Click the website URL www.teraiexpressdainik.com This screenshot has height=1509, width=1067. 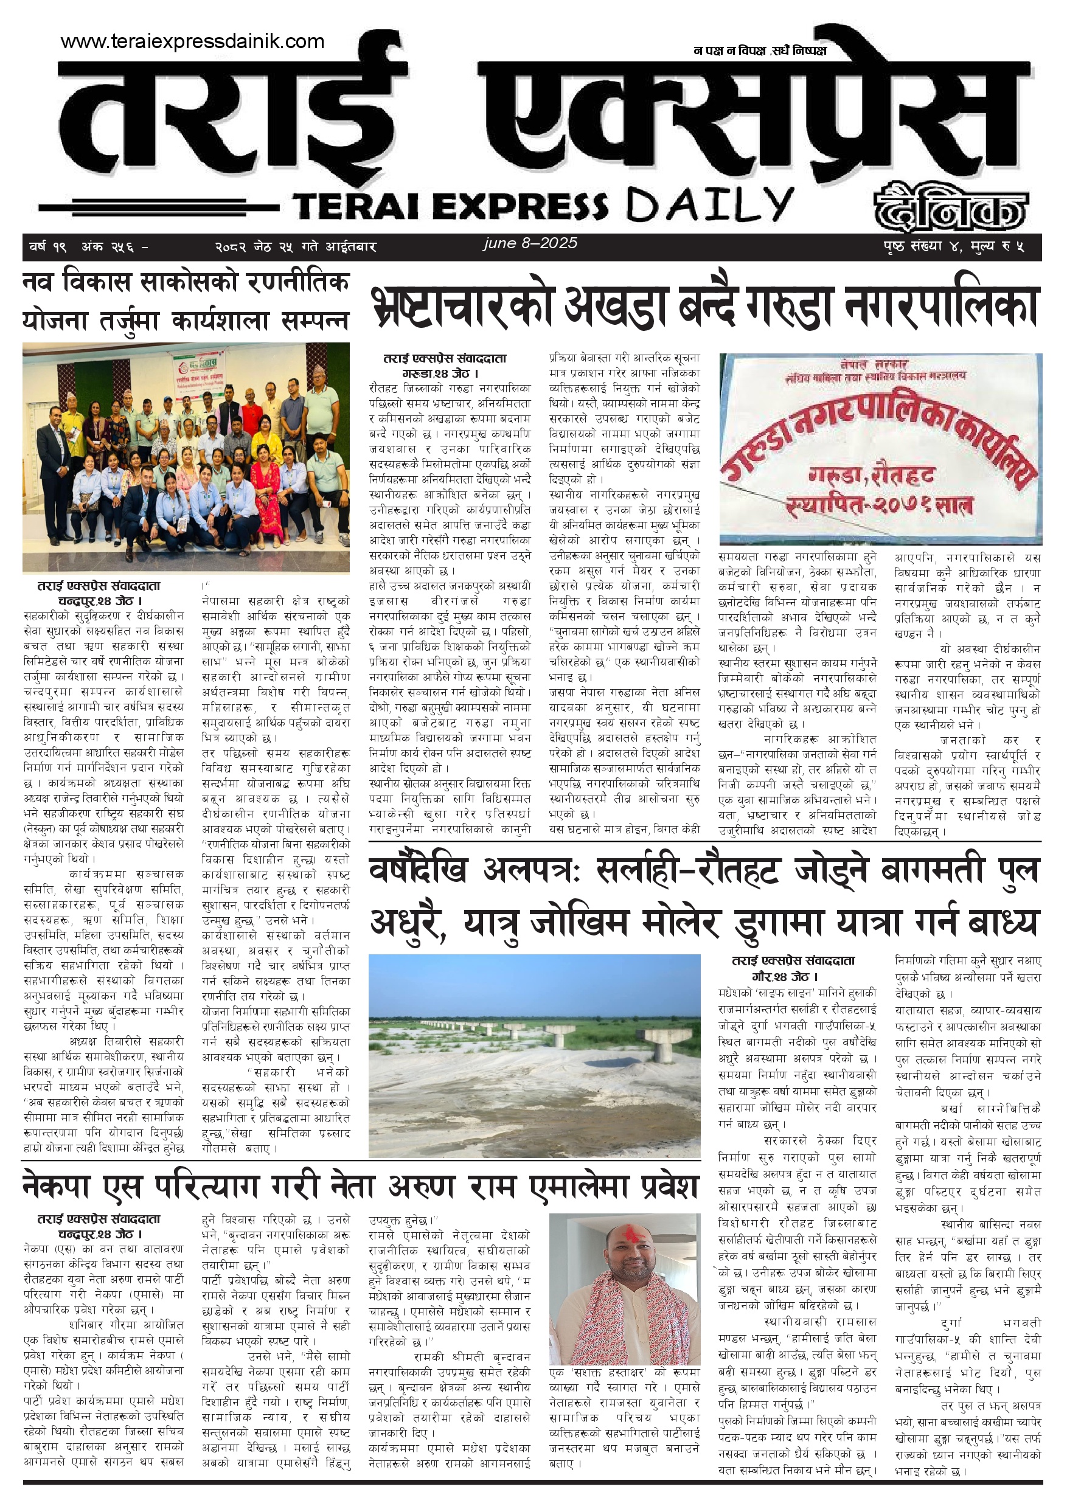pyautogui.click(x=192, y=41)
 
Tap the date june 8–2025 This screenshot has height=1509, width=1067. pyautogui.click(x=530, y=243)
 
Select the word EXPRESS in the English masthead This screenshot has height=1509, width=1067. pyautogui.click(x=520, y=206)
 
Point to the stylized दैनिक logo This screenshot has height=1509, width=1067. pyautogui.click(x=950, y=207)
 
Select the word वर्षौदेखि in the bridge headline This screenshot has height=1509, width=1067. pyautogui.click(x=418, y=871)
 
